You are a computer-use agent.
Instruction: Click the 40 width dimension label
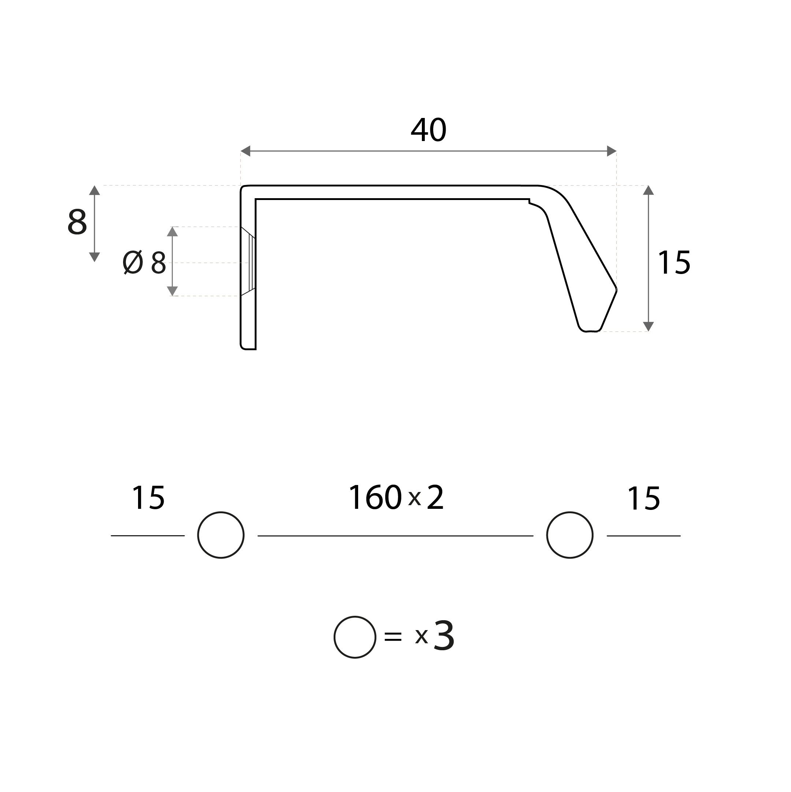[428, 130]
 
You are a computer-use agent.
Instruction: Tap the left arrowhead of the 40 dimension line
[245, 151]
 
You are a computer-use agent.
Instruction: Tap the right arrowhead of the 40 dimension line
[612, 151]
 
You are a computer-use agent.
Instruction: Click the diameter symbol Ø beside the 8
[133, 262]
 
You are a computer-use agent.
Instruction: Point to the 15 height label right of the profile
[674, 262]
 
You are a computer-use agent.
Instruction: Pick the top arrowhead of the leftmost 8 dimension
[95, 190]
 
